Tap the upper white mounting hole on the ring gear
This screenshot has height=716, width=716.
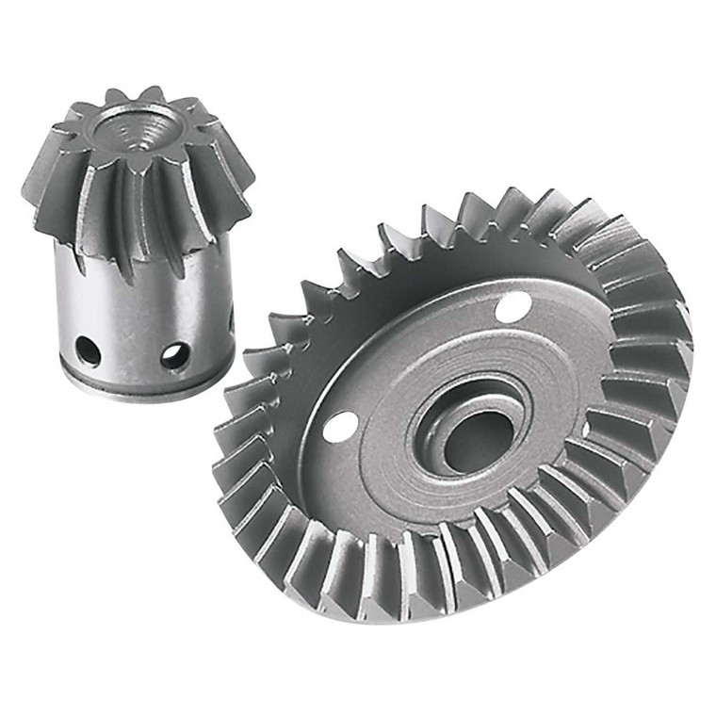[x=513, y=307]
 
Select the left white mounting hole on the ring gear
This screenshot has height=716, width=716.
[x=340, y=426]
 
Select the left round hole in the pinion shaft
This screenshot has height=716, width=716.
[x=88, y=351]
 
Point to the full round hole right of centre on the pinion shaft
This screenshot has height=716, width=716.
[x=174, y=355]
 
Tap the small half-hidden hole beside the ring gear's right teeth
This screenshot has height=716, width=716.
[x=586, y=430]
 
